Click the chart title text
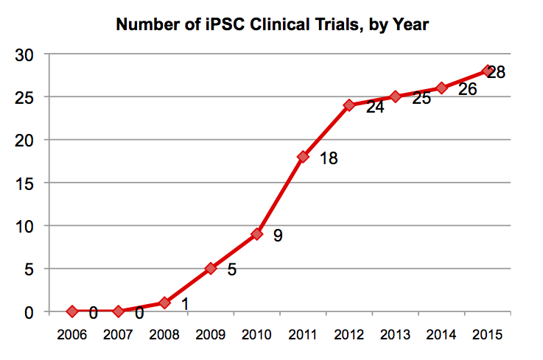point(272,25)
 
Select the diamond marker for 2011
point(303,157)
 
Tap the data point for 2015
point(487,71)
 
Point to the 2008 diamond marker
point(164,303)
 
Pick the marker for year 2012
point(349,105)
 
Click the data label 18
point(328,158)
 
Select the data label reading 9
point(278,236)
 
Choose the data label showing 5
point(231,269)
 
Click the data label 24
point(375,108)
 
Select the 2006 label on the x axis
point(72,335)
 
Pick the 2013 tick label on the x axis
point(396,335)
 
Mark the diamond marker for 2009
point(211,269)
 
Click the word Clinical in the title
point(287,25)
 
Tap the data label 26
point(467,90)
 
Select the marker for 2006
point(72,311)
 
